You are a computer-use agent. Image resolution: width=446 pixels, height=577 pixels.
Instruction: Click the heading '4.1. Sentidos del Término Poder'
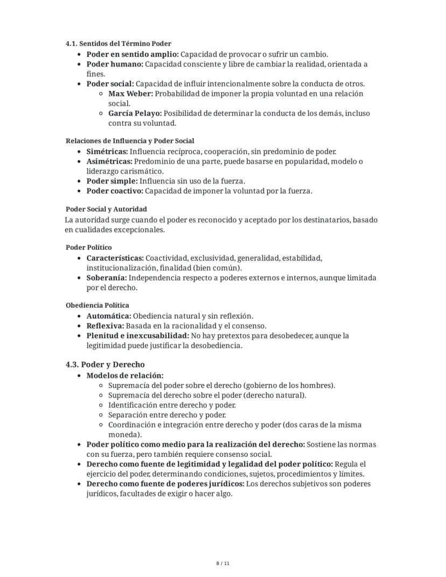(x=119, y=44)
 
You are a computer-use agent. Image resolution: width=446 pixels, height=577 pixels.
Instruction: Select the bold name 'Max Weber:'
(x=130, y=94)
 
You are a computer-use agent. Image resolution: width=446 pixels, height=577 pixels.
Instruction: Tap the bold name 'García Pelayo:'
(x=135, y=114)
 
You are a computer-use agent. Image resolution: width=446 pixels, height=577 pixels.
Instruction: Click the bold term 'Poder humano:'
(x=115, y=64)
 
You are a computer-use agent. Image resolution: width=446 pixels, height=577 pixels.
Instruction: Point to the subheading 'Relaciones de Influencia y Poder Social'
(x=130, y=141)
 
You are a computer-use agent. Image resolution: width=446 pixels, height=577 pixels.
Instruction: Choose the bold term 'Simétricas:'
(x=107, y=152)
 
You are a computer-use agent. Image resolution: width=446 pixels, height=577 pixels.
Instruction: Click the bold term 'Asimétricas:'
(x=109, y=162)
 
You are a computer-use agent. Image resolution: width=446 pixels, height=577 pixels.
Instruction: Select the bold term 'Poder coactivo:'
(x=115, y=191)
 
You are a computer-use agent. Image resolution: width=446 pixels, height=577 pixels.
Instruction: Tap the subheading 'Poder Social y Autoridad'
(x=106, y=209)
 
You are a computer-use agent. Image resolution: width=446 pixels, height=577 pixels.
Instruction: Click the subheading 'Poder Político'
(x=89, y=247)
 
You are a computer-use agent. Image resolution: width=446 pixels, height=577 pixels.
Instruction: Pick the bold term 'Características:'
(x=115, y=258)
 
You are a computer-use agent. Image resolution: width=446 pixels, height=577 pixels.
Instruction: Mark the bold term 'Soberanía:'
(x=107, y=278)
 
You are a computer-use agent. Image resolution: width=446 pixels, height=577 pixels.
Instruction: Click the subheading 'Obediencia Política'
(x=97, y=305)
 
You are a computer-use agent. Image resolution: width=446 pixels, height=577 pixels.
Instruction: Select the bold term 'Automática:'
(x=109, y=316)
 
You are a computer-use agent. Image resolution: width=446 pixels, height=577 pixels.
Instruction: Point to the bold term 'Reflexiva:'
(x=105, y=326)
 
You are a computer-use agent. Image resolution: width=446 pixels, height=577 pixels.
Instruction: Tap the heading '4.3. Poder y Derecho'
(x=105, y=365)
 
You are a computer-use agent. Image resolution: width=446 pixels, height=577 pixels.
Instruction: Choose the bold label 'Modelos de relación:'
(x=125, y=376)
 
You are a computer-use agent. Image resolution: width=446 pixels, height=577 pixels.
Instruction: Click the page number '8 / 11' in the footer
(x=223, y=564)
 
